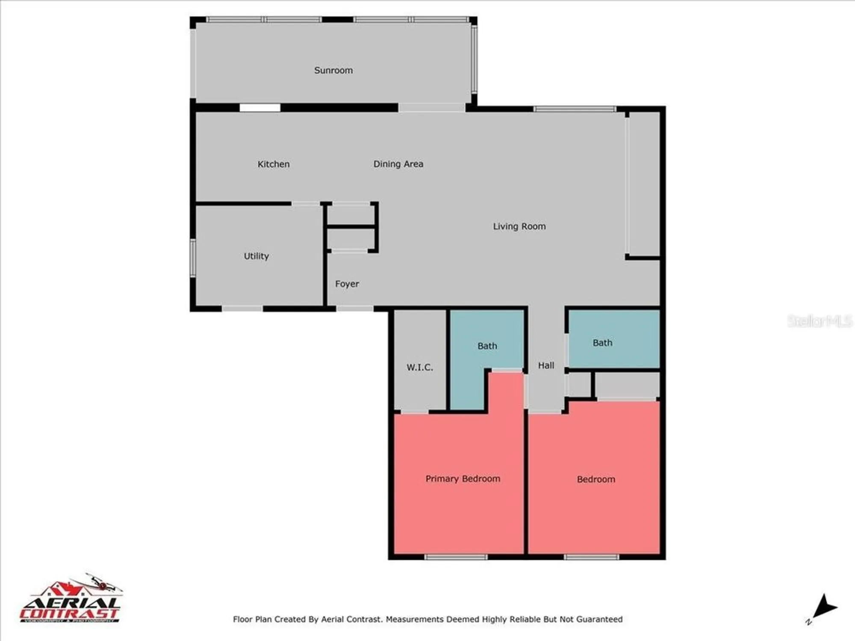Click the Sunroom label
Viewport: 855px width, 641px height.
click(333, 71)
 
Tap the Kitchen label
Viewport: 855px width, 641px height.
click(274, 164)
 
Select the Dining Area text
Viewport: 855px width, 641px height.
click(398, 164)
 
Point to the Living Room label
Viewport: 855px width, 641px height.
click(519, 226)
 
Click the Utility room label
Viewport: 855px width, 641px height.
click(256, 256)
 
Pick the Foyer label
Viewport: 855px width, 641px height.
click(347, 284)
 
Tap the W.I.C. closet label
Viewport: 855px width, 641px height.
click(419, 367)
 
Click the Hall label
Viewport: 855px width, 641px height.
click(546, 365)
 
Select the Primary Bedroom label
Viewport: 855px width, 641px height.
click(463, 479)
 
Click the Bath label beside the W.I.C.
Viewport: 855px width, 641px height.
click(487, 346)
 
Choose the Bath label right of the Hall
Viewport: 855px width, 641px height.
click(602, 343)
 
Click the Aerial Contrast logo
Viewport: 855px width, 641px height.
click(71, 600)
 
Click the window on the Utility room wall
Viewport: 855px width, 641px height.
click(193, 258)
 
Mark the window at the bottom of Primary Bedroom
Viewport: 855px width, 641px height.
click(456, 557)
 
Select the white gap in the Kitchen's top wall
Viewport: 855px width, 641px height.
click(260, 108)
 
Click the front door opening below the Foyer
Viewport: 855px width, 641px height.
click(355, 308)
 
